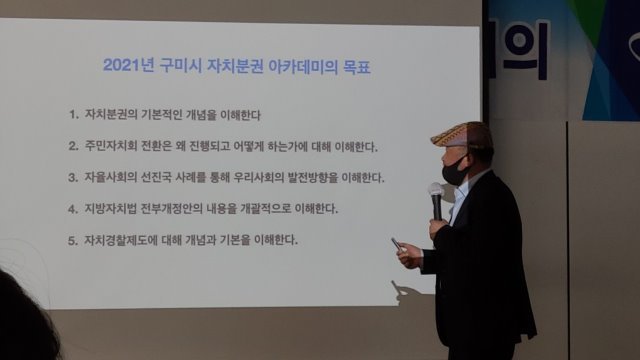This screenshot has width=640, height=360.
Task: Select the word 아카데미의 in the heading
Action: click(303, 67)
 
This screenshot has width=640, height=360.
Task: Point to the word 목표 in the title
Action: click(357, 67)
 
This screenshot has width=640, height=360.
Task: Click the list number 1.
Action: click(73, 115)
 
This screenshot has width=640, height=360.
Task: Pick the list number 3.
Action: click(73, 178)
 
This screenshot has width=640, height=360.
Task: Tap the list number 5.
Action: click(73, 240)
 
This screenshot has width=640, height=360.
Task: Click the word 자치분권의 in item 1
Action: click(111, 114)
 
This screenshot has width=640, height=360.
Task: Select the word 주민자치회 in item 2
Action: click(111, 146)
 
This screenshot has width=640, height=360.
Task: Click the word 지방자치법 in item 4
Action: click(110, 209)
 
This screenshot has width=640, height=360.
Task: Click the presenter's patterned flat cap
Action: click(461, 134)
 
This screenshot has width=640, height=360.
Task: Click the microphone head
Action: click(436, 191)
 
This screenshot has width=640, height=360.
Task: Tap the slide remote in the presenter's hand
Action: click(397, 244)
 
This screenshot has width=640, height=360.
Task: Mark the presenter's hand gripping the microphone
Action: click(437, 228)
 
